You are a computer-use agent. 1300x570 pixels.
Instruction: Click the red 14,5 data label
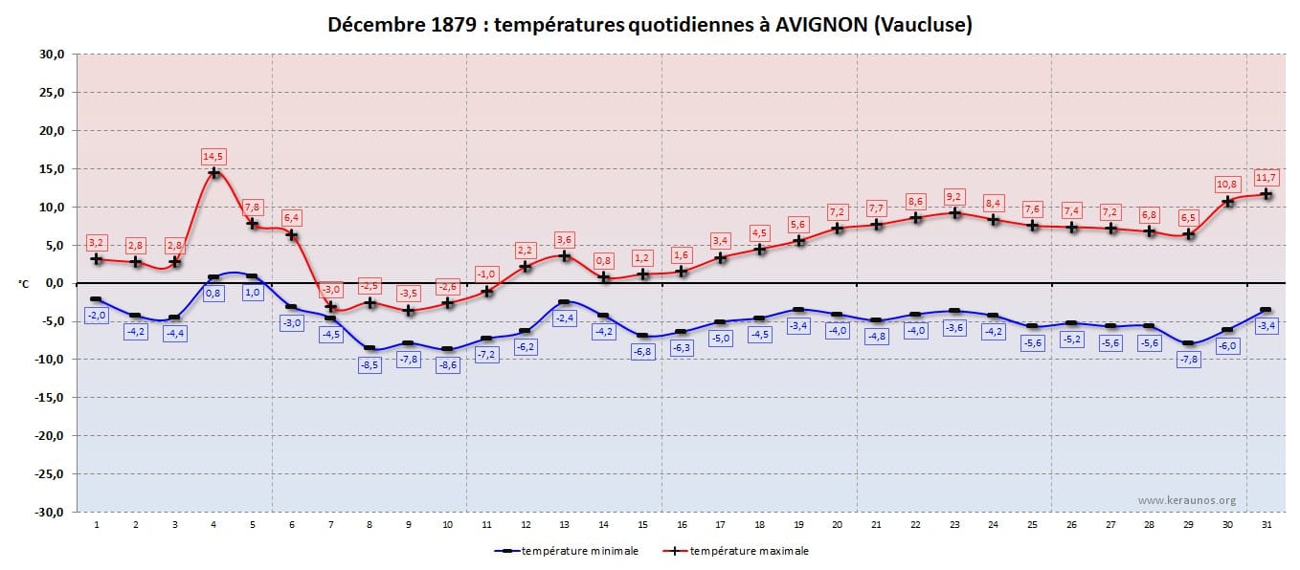point(213,156)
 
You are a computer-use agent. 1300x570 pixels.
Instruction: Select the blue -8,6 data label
point(447,364)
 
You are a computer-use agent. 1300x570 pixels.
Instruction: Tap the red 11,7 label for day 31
point(1266,177)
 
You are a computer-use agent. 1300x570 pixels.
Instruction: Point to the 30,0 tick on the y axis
point(52,55)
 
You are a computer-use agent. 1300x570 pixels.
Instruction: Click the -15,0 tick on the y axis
point(50,398)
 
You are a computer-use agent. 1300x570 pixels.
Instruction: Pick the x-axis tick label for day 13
point(564,525)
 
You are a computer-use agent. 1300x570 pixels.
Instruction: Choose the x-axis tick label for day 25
point(1032,525)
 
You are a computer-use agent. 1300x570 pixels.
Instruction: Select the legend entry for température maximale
point(749,551)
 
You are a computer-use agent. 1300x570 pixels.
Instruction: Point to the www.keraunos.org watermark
point(1187,500)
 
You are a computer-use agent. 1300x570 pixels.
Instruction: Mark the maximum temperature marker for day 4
point(214,173)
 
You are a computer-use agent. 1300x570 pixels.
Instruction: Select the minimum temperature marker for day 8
point(370,348)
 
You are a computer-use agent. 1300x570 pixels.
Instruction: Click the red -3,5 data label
point(408,293)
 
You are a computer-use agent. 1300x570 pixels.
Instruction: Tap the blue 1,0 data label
point(253,293)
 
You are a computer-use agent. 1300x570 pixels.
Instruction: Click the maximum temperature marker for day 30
point(1227,201)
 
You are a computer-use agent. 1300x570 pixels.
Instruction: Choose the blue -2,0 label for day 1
point(97,315)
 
